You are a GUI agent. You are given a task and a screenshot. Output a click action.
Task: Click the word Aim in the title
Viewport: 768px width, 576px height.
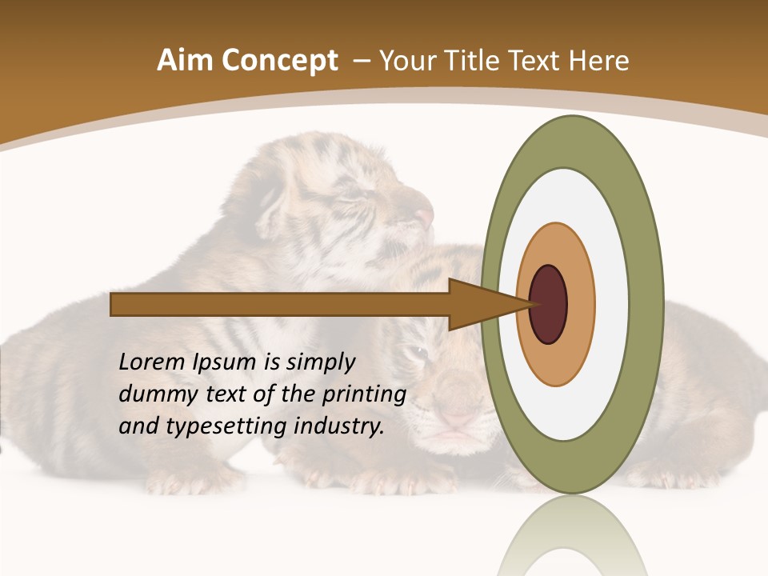tap(185, 61)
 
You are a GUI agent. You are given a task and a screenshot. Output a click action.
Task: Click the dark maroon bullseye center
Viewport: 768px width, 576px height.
tap(548, 305)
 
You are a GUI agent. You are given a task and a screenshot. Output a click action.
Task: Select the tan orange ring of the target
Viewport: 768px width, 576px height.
tap(580, 305)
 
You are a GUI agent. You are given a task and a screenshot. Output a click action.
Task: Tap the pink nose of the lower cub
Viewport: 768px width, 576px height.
tap(457, 416)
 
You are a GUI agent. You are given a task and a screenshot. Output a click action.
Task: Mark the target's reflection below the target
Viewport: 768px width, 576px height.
tap(572, 536)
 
